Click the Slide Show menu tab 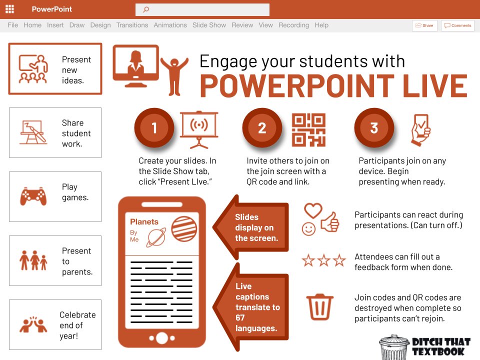tap(209, 25)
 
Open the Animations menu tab tap(170, 25)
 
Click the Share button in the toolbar tap(424, 25)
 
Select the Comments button tap(457, 25)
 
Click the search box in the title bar tap(202, 9)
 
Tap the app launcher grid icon tap(9, 9)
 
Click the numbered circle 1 tap(154, 128)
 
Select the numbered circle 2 tap(262, 128)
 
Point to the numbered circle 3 tap(374, 128)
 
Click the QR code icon tap(308, 129)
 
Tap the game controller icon tap(33, 196)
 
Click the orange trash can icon tap(320, 306)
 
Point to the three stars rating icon tap(323, 260)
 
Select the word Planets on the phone tap(144, 221)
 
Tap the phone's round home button tap(161, 338)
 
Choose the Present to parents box tap(55, 260)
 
